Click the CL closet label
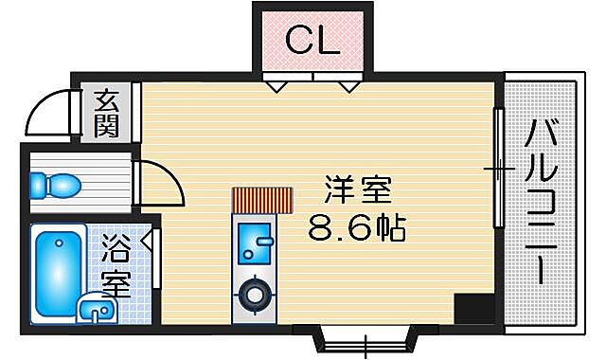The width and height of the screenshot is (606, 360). [x=312, y=40]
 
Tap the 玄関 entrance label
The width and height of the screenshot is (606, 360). [x=107, y=112]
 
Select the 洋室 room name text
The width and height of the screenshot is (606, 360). [x=357, y=190]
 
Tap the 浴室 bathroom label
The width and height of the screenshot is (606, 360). [x=116, y=267]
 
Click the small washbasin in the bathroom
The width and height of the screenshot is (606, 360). [x=94, y=308]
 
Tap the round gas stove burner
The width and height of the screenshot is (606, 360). [x=255, y=294]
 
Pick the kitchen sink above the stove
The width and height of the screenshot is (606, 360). [x=254, y=243]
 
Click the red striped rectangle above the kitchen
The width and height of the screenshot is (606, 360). [x=263, y=200]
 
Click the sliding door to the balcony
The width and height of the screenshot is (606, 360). [x=497, y=169]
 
